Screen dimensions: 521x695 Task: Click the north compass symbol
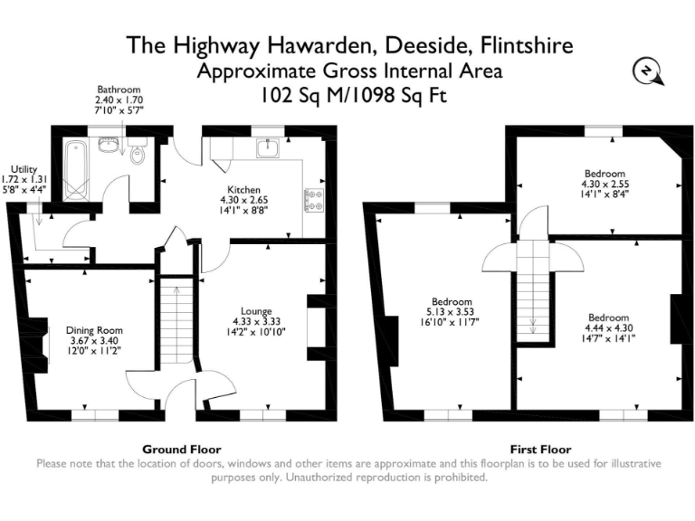[648, 72]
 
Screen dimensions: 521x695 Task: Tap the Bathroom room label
[120, 90]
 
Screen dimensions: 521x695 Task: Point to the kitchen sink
[270, 147]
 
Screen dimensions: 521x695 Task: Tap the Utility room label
[24, 168]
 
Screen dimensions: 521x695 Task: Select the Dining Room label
[94, 330]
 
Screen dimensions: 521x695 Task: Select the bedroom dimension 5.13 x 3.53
[451, 312]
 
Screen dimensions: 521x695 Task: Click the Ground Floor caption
[182, 450]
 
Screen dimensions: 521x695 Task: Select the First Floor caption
[534, 450]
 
